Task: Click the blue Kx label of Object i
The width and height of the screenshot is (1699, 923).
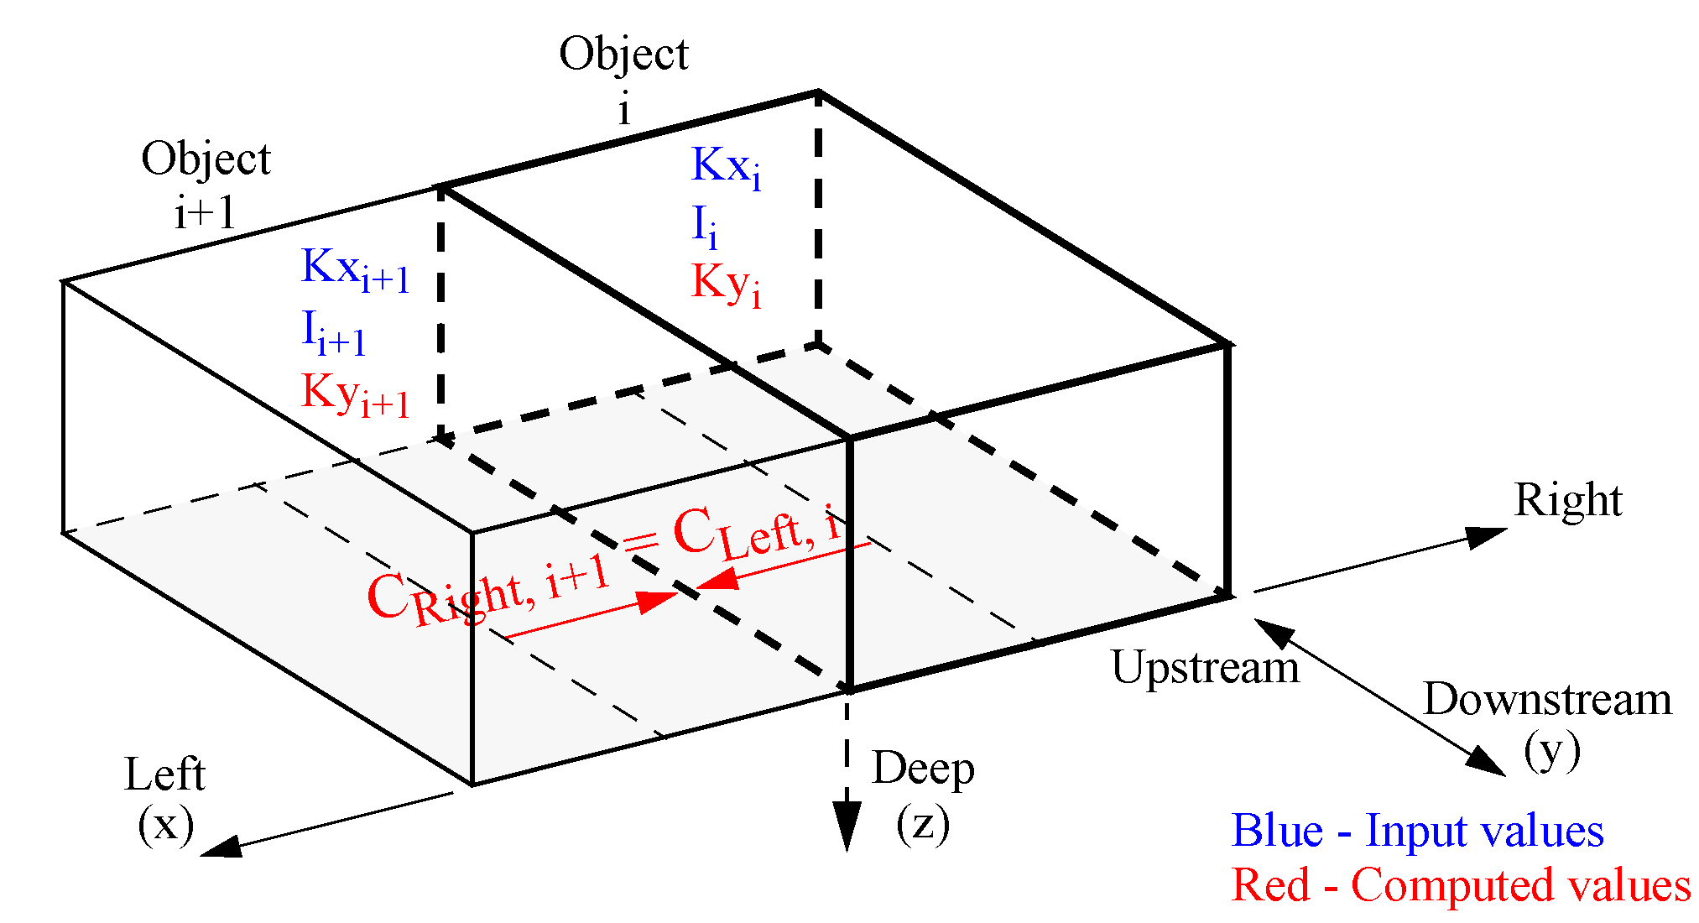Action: (726, 167)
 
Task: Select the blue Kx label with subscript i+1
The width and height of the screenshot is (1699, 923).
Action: (355, 270)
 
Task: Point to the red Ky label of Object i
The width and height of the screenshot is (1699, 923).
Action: (726, 284)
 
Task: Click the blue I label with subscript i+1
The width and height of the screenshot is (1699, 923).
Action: (333, 332)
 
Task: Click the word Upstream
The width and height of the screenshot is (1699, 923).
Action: (1205, 668)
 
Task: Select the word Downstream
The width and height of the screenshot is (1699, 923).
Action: (1547, 700)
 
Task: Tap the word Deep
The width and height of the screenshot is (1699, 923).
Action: (923, 769)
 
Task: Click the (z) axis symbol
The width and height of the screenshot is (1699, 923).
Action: (923, 824)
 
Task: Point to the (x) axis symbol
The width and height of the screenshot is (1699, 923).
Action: (166, 824)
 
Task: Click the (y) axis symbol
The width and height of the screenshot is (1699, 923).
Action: (1552, 751)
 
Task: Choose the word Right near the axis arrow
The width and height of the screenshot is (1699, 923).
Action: (1567, 501)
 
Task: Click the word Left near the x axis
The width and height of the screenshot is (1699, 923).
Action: (164, 774)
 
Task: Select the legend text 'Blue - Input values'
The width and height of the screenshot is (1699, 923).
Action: (1417, 831)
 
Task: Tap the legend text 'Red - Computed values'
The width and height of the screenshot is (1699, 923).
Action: (1461, 885)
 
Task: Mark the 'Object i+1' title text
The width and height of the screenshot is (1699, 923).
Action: (206, 185)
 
